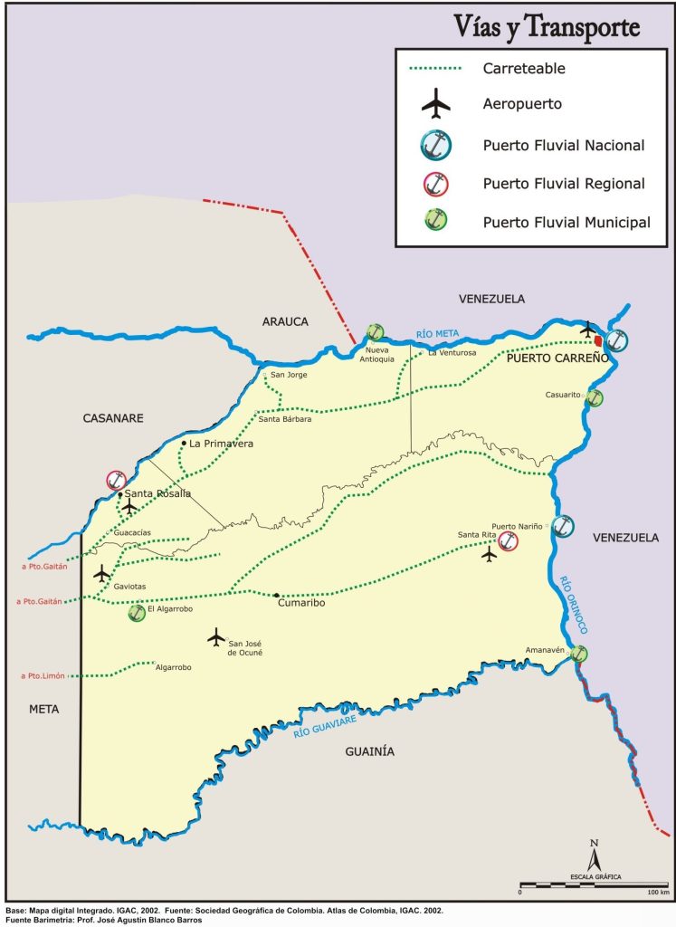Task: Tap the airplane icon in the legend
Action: (x=435, y=104)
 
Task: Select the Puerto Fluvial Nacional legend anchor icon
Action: (x=435, y=145)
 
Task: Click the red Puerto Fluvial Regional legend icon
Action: (x=435, y=184)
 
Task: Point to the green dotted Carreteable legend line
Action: (x=435, y=68)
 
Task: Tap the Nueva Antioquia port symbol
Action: (x=376, y=333)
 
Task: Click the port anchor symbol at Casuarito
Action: (x=595, y=397)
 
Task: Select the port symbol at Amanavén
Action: (x=579, y=654)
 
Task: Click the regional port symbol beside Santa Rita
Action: (x=509, y=542)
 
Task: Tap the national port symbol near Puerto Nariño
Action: (x=563, y=526)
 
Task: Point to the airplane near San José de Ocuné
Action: (x=215, y=637)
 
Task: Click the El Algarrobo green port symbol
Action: (x=138, y=613)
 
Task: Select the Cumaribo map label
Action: (x=301, y=603)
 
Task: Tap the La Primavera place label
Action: (x=222, y=444)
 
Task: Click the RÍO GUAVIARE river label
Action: (x=325, y=728)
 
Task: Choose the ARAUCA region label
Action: (x=286, y=321)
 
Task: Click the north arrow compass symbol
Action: (x=595, y=855)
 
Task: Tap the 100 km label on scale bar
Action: (x=657, y=893)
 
